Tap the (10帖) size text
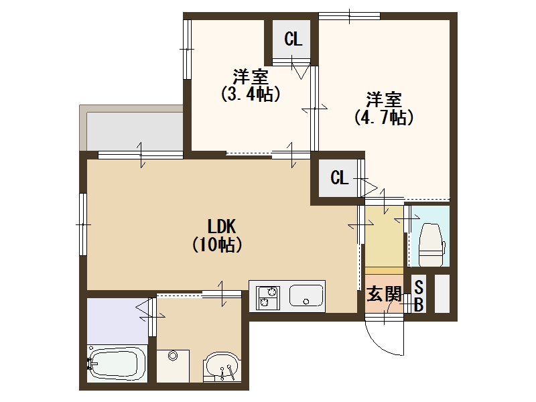216,245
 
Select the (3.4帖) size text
251,94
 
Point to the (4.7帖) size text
383,118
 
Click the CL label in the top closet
293,39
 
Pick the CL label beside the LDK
340,178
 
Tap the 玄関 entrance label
384,294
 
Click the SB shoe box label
419,296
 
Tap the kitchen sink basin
306,295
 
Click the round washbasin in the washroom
221,366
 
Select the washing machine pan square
173,366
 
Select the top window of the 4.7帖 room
349,14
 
